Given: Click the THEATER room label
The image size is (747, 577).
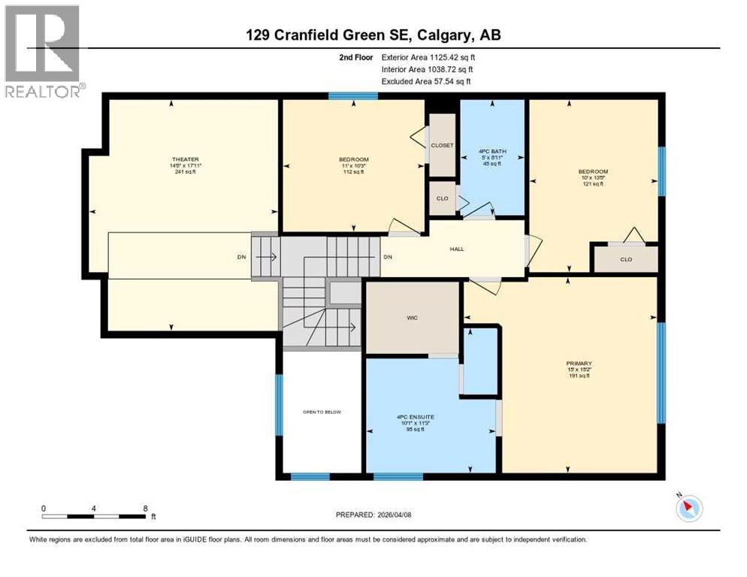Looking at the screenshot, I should pos(185,159).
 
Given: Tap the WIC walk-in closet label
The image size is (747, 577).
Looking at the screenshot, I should pos(412,318).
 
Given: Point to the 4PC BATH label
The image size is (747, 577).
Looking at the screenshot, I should pos(492,152).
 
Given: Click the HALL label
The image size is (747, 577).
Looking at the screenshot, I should pos(456,249).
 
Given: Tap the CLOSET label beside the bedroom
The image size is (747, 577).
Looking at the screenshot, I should pos(442,145).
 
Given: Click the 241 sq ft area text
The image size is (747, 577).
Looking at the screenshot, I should pos(185,172).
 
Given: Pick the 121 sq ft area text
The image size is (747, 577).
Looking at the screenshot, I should pos(592,184).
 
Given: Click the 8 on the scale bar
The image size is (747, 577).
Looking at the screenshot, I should pos(144,509).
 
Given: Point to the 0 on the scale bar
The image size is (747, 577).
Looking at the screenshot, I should pos(44,509).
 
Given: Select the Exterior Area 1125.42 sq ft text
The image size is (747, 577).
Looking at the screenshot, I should pos(428,57).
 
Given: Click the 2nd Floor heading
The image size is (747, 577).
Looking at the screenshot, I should pos(355,57).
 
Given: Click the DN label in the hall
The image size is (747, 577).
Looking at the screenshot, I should pos(388,258).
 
